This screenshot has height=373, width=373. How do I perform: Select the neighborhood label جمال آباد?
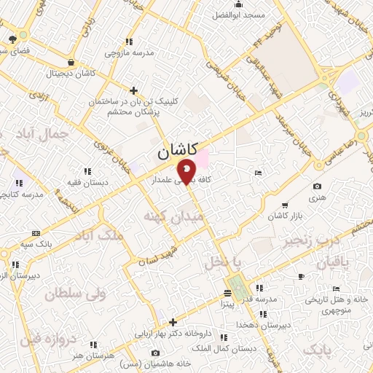pyautogui.click(x=45, y=133)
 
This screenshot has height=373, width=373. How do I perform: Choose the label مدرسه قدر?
pyautogui.click(x=262, y=299)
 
